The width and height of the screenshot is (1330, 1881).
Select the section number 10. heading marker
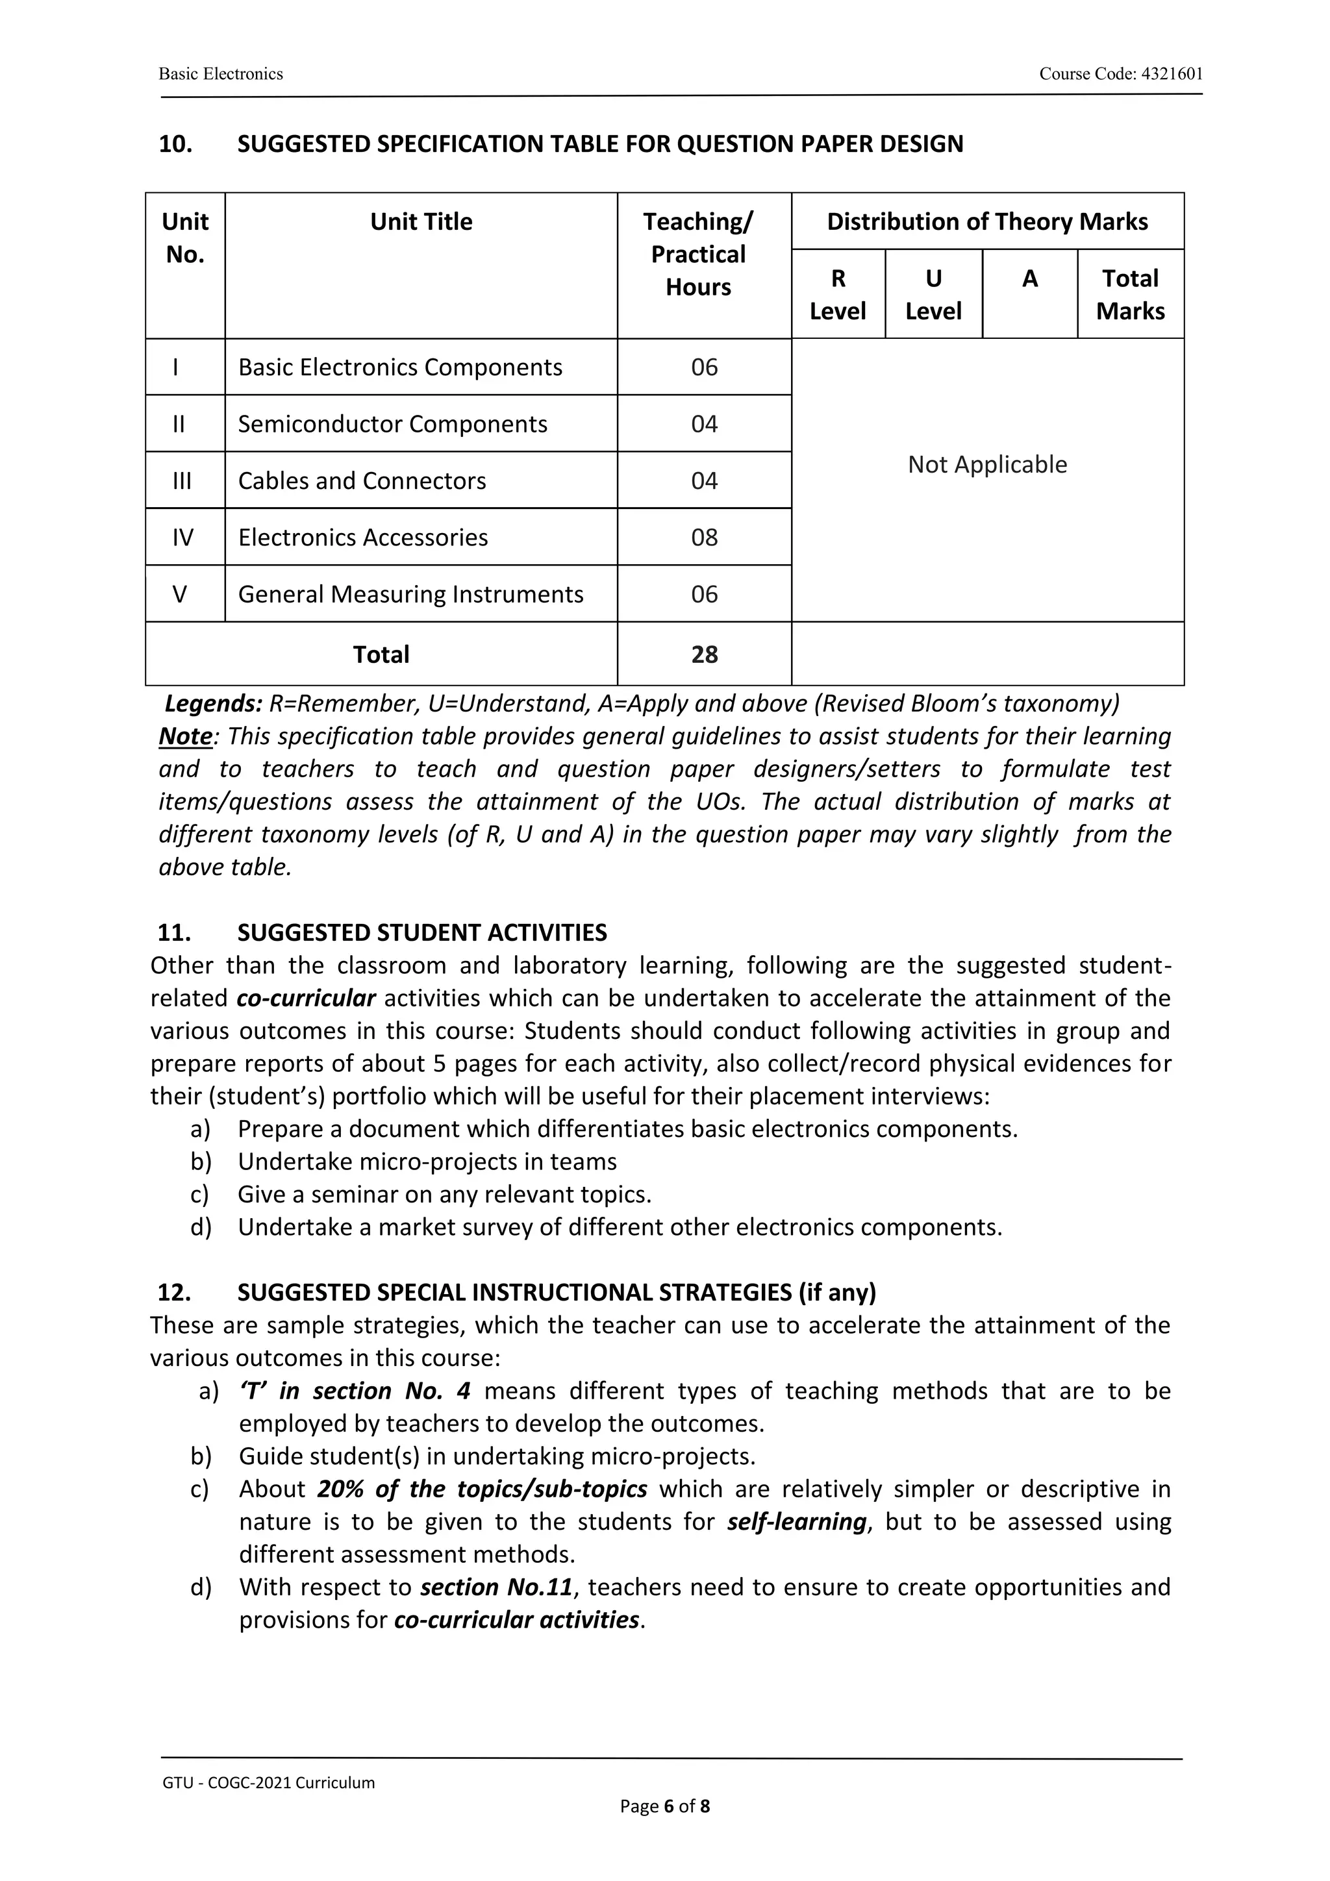pyautogui.click(x=175, y=144)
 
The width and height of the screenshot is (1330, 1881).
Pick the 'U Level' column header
pyautogui.click(x=933, y=294)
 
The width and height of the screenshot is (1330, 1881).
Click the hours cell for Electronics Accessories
pyautogui.click(x=704, y=538)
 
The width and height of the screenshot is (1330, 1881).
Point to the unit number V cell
pyautogui.click(x=181, y=594)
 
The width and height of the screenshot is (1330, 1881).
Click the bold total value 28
pyautogui.click(x=704, y=654)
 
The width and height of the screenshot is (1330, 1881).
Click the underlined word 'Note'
pyautogui.click(x=185, y=736)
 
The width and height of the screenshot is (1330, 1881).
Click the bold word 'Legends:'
pyautogui.click(x=213, y=704)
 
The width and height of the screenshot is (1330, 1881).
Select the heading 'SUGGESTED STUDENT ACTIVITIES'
pyautogui.click(x=422, y=932)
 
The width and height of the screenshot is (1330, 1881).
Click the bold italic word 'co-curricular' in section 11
pyautogui.click(x=306, y=998)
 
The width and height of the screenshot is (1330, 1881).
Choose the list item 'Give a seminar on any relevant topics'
pyautogui.click(x=444, y=1195)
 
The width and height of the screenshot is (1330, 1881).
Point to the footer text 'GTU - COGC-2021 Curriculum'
pyautogui.click(x=268, y=1783)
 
